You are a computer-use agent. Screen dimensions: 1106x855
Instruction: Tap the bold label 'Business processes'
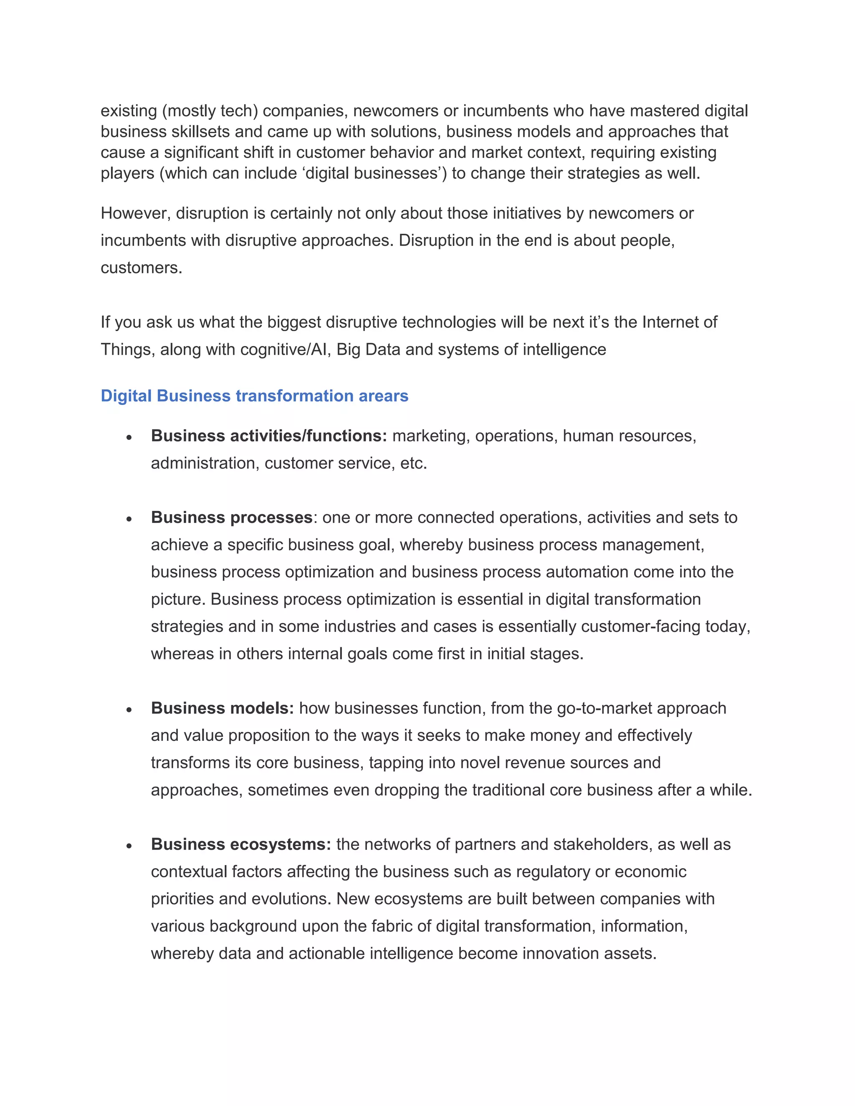[231, 517]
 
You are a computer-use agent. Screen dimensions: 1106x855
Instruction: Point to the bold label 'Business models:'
[222, 708]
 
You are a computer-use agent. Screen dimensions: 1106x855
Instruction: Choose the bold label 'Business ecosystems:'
[240, 844]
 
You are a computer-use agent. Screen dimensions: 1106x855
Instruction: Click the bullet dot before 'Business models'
[129, 710]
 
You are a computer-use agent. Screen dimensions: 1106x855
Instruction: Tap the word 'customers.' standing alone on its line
[142, 268]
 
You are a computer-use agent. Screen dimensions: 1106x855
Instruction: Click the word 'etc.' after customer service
[413, 463]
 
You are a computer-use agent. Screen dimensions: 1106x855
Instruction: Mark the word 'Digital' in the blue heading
[126, 396]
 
